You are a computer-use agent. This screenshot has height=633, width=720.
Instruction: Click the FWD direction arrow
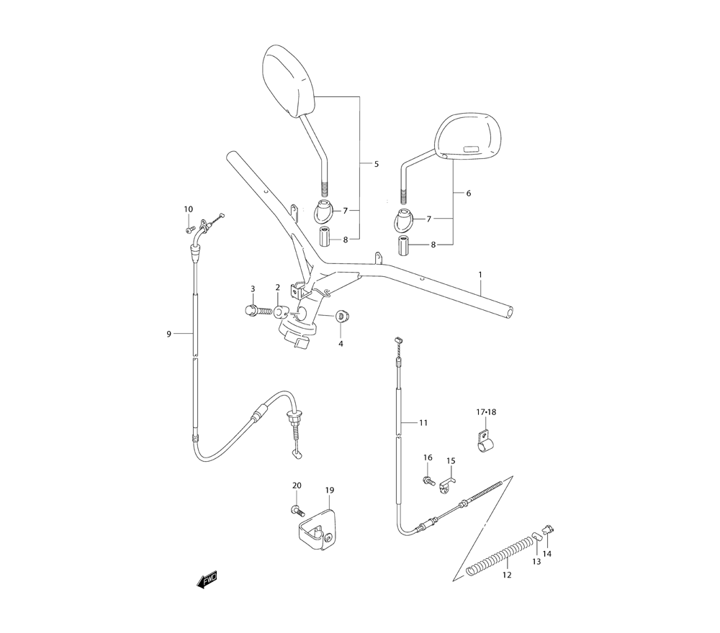207,580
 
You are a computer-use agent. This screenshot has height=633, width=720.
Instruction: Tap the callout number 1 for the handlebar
480,275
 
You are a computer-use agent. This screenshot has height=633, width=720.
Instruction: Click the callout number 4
341,344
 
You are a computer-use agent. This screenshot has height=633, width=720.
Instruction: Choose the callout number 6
469,193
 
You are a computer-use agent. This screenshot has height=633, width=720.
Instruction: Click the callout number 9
168,334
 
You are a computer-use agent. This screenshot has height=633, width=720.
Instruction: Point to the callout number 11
423,422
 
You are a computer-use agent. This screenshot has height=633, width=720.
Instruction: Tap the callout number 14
547,554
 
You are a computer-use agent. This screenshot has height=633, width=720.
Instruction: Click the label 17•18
486,412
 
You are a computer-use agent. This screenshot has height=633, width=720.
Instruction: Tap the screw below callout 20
294,510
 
